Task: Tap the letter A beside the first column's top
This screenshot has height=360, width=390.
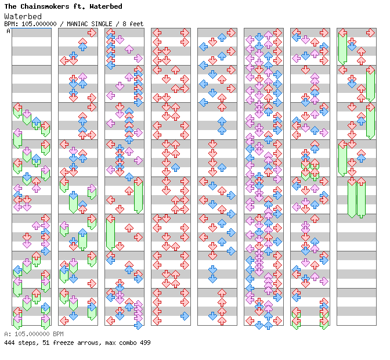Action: [8, 31]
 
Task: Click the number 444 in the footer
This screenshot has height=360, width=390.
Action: [10, 343]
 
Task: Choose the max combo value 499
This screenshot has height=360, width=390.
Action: [144, 343]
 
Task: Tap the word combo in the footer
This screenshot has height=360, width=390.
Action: [124, 343]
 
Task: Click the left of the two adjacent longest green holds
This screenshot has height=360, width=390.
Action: [352, 197]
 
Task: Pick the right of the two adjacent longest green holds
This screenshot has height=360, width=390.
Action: [361, 197]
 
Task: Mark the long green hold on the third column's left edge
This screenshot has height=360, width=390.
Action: [110, 232]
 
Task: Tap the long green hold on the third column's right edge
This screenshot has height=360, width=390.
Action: [138, 196]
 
